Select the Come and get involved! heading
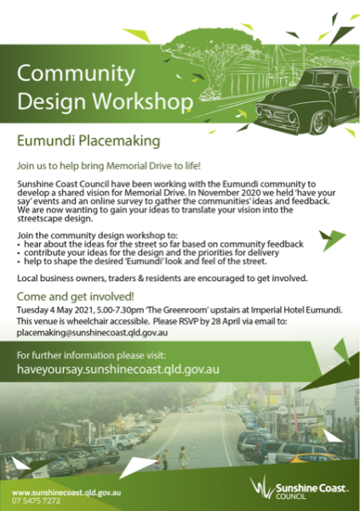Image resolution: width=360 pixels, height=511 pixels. (76, 297)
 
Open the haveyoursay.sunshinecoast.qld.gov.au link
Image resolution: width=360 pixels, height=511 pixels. (119, 369)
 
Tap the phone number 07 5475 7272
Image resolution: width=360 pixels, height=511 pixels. (37, 501)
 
